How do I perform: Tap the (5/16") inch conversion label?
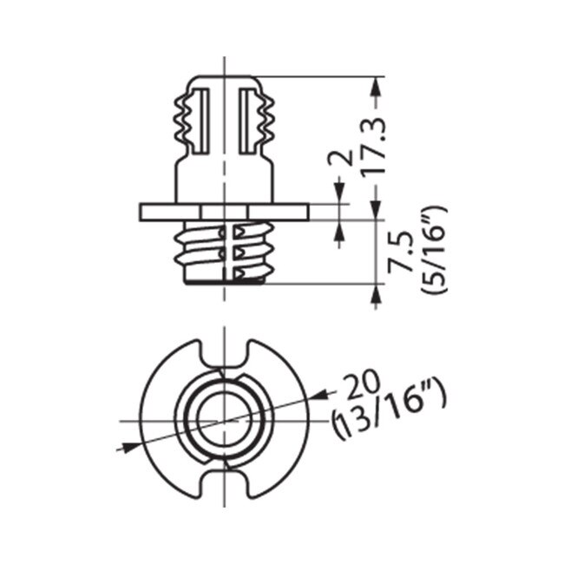431,252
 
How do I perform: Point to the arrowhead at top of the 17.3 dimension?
374,84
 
